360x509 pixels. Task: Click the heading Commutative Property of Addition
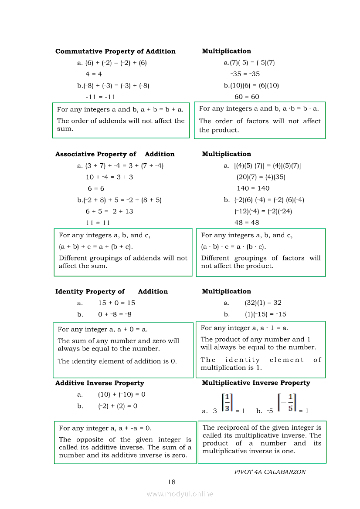coord(115,51)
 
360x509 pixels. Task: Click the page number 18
coord(172,482)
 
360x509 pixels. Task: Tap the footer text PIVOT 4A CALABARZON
coord(270,472)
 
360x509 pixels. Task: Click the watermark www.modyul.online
coord(180,494)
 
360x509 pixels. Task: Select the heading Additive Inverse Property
coord(99,383)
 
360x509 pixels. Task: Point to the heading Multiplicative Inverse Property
coord(256,383)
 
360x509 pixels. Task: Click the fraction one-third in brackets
coord(227,403)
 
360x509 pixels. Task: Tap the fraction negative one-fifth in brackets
coord(287,403)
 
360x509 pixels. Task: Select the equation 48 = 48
coord(247,222)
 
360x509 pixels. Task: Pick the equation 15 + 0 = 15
coord(116,303)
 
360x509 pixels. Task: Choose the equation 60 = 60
coord(247,97)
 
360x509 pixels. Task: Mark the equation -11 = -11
coord(100,97)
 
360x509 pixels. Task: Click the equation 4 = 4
coord(94,74)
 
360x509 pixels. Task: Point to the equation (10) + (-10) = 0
coord(122,394)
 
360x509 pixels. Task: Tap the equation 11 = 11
coord(98,222)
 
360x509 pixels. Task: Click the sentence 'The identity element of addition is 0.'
coord(117,361)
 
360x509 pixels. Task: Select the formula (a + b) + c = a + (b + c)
coord(96,247)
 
